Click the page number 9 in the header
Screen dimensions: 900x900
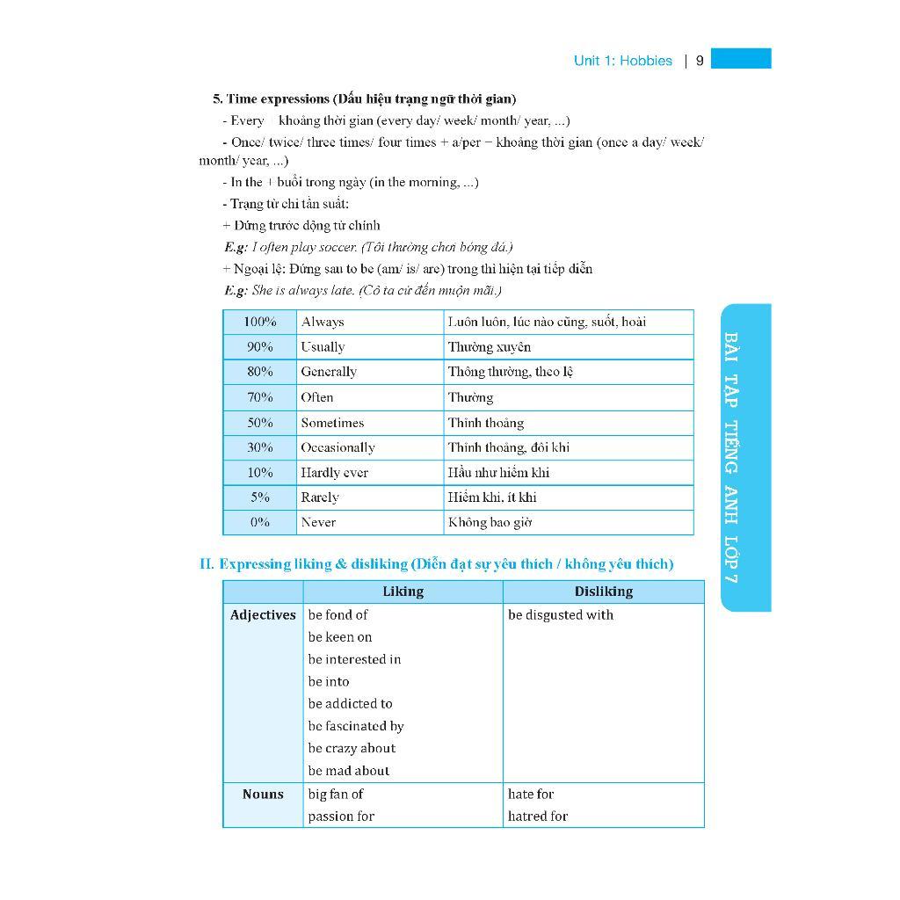700,61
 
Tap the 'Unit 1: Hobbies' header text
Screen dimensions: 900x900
622,61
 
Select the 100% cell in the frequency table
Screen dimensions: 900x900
259,322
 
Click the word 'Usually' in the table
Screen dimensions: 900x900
323,347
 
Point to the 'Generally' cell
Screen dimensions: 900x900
329,372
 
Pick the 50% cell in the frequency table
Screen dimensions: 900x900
259,423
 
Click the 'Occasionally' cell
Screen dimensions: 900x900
337,447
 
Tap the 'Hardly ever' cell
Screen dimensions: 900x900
334,473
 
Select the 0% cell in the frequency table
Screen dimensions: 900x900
259,522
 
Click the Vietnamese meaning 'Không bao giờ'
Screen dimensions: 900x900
490,522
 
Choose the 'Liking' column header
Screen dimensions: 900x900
403,592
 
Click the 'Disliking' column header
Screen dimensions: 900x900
603,592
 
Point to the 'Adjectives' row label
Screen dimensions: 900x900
263,615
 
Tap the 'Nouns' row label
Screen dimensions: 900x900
263,795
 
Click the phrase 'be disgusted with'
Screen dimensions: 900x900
561,615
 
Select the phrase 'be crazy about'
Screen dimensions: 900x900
352,749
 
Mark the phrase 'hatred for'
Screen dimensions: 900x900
538,817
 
